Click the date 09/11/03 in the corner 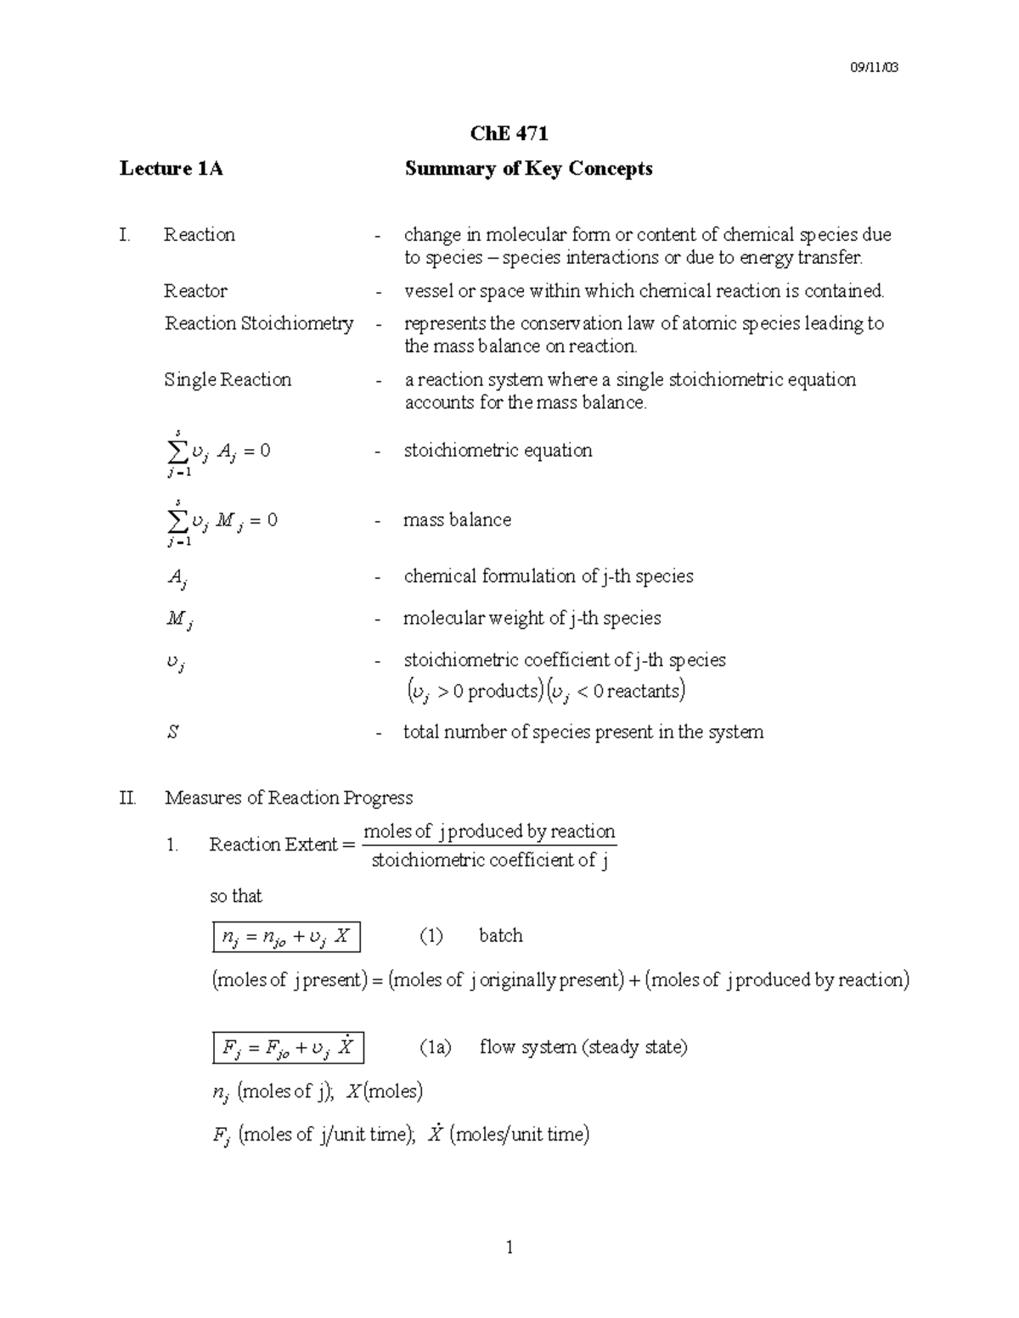874,67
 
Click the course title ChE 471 509,133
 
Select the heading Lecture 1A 171,168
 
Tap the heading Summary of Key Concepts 528,168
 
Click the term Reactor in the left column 195,291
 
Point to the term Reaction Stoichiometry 259,323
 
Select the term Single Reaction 228,379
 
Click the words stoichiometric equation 498,450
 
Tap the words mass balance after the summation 457,519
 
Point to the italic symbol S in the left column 172,732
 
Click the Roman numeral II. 127,798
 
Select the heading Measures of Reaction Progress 289,798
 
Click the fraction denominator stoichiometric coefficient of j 490,861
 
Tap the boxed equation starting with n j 286,937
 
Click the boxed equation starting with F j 288,1048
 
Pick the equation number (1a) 436,1047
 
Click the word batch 500,935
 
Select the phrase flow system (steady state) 583,1047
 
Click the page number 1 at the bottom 509,1247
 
